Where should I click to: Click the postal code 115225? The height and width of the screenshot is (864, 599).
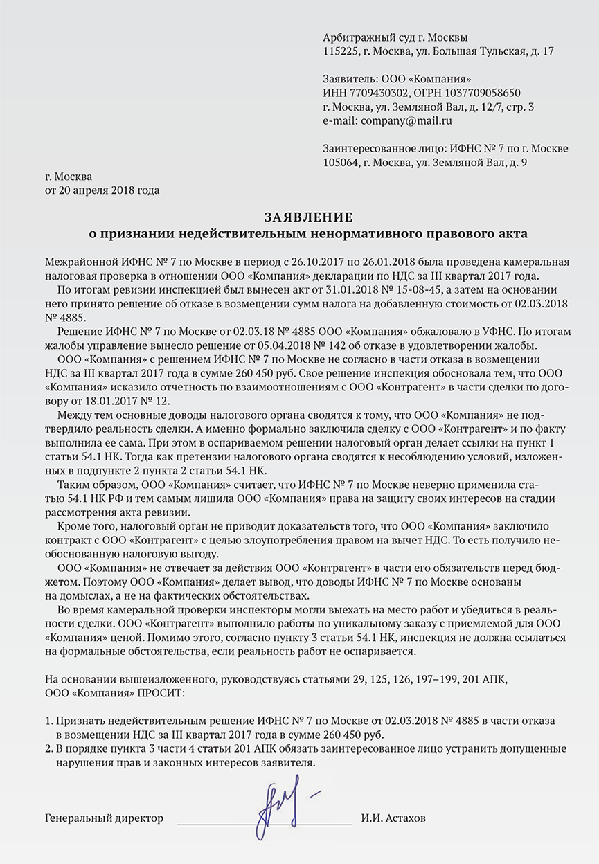click(339, 51)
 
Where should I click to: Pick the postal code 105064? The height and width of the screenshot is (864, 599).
click(340, 163)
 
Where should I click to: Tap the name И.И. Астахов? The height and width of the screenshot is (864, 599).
click(393, 818)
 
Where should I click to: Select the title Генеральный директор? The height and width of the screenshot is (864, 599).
click(104, 818)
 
